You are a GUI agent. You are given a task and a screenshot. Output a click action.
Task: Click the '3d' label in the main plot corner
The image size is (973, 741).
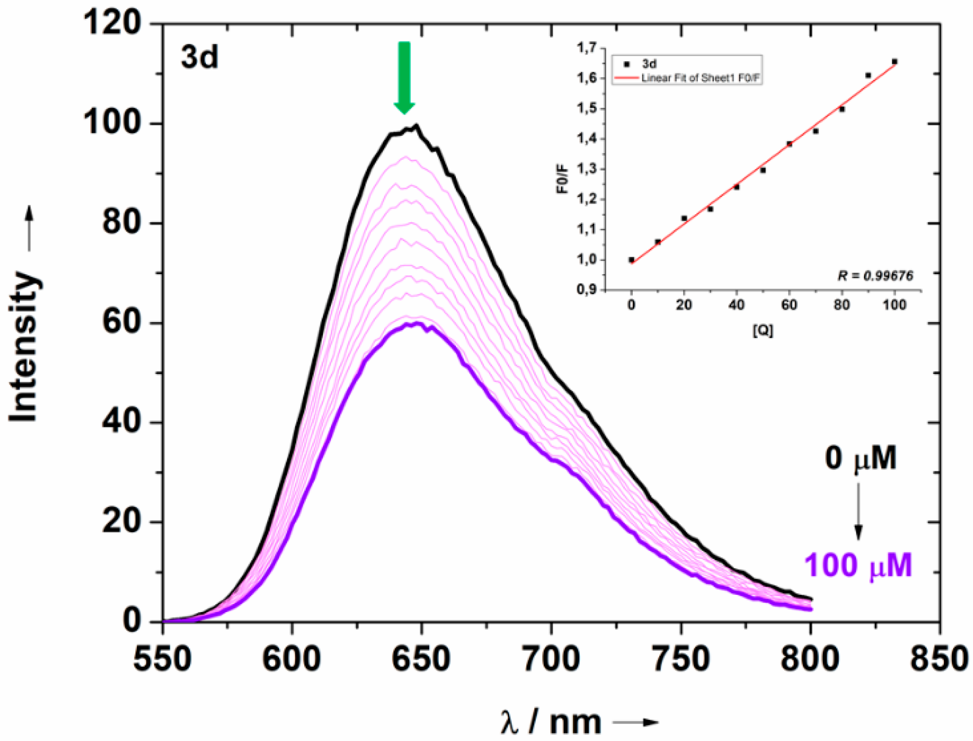click(200, 57)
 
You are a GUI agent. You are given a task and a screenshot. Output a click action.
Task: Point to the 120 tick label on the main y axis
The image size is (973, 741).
click(113, 23)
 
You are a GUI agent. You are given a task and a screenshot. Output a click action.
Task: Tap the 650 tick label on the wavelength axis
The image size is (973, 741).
click(421, 659)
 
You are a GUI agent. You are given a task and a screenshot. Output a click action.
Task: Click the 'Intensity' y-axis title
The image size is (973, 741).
click(24, 346)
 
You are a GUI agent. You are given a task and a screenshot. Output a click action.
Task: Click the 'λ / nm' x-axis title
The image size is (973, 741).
click(551, 722)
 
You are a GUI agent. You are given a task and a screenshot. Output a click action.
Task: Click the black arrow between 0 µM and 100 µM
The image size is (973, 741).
click(858, 511)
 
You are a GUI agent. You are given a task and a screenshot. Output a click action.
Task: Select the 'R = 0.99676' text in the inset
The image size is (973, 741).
click(875, 276)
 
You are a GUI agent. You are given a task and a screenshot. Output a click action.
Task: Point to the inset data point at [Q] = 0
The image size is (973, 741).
click(631, 260)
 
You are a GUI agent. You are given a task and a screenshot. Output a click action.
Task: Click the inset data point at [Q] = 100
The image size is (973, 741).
click(894, 62)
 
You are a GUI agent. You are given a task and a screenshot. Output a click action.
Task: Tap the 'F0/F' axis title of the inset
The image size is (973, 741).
click(563, 180)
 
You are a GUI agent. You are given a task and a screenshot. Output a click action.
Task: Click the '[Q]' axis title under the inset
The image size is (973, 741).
click(763, 330)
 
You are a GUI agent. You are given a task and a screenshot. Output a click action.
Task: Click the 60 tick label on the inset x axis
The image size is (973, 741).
click(789, 305)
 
